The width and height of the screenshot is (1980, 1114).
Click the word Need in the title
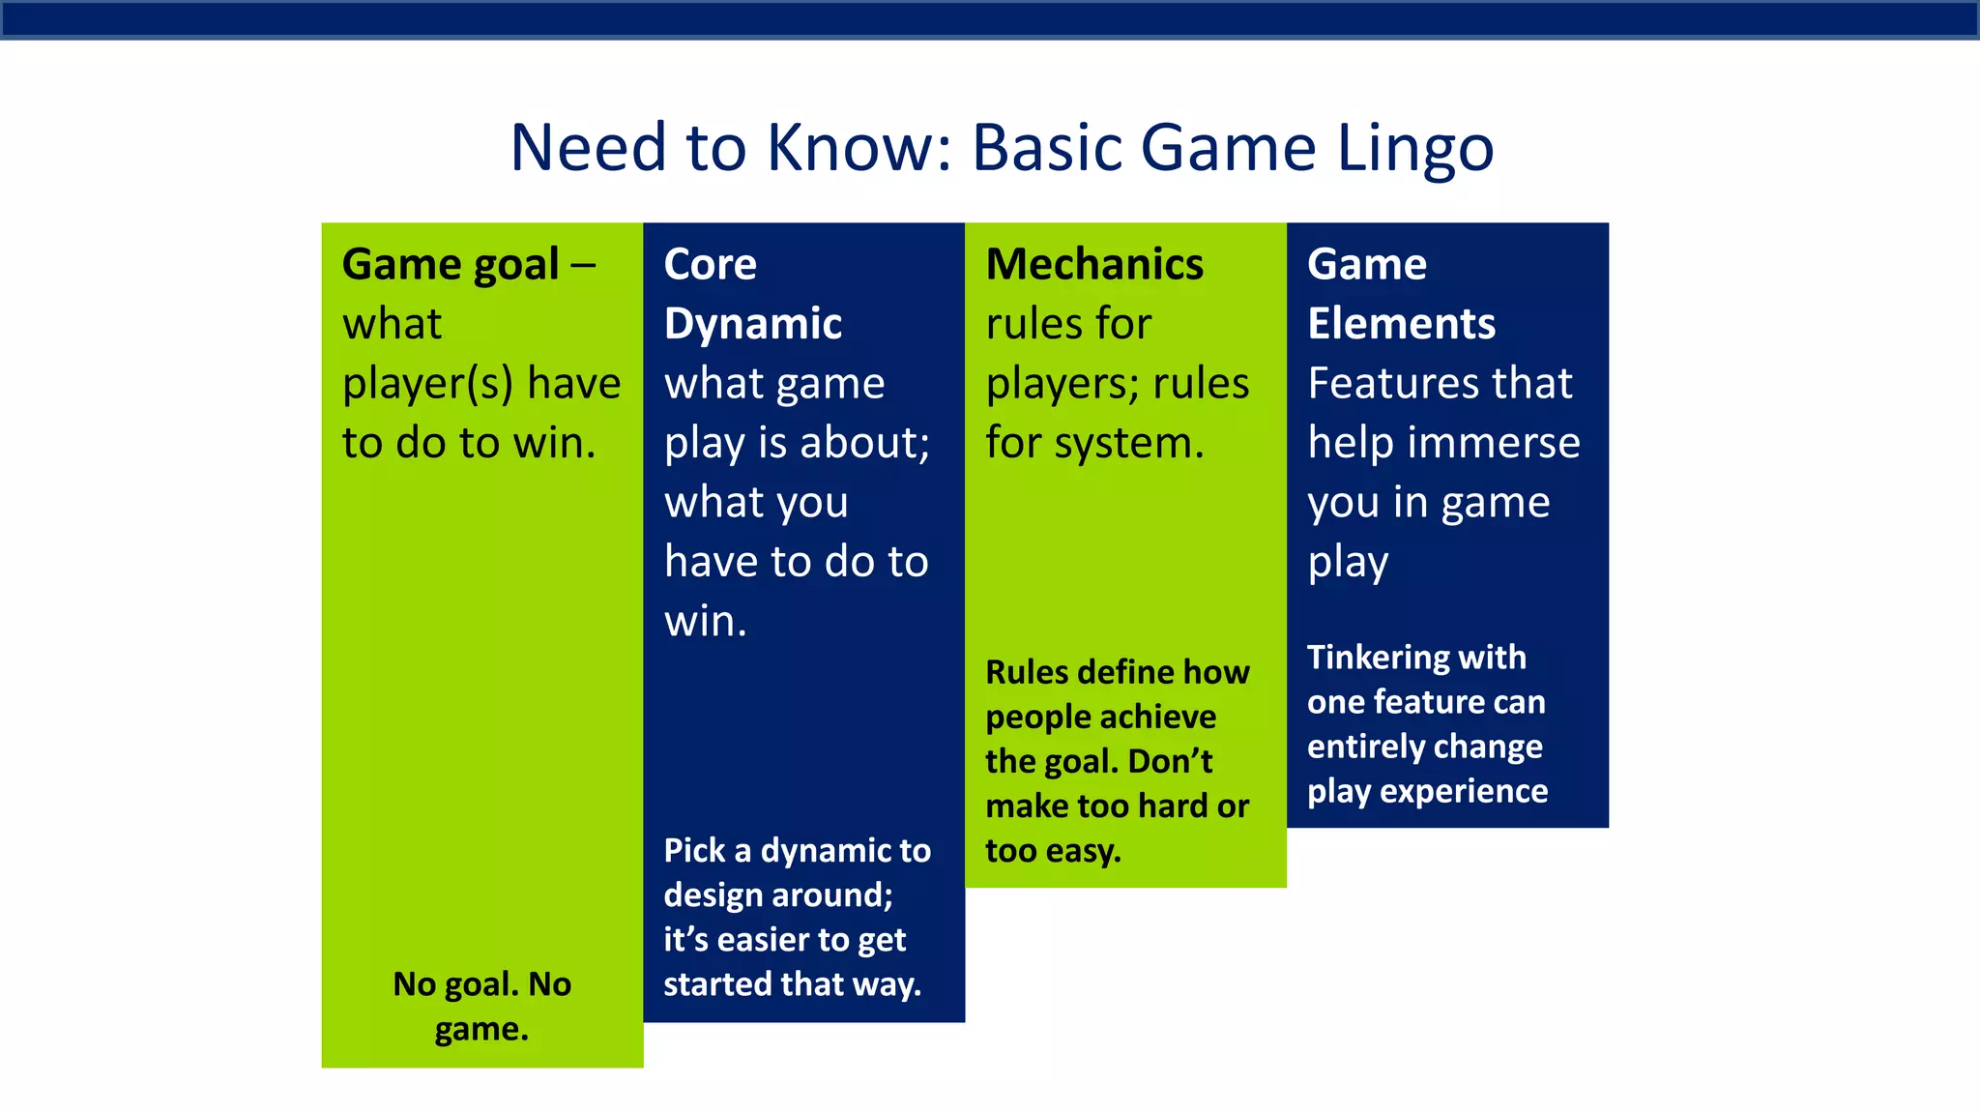pyautogui.click(x=589, y=149)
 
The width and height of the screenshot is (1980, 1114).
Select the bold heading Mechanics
pyautogui.click(x=1093, y=264)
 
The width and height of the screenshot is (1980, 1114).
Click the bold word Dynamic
pyautogui.click(x=752, y=324)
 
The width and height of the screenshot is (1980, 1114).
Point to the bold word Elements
pyautogui.click(x=1401, y=324)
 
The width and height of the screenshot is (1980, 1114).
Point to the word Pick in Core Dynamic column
pyautogui.click(x=693, y=850)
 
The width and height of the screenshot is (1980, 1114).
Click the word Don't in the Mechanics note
pyautogui.click(x=1170, y=761)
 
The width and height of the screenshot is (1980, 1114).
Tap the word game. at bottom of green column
pyautogui.click(x=481, y=1029)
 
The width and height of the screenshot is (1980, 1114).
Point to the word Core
pyautogui.click(x=710, y=264)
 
